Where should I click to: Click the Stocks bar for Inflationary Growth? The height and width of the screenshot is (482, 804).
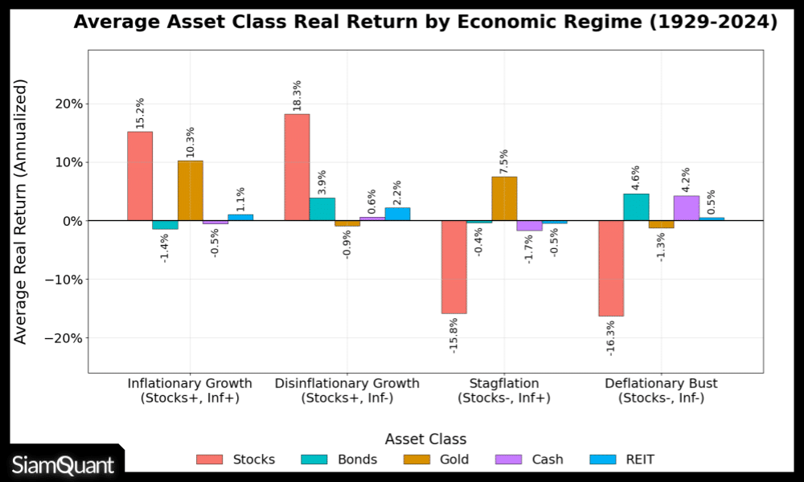point(140,176)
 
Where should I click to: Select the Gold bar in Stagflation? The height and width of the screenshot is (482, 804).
point(504,198)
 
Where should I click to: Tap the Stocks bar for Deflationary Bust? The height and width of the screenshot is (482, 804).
point(611,268)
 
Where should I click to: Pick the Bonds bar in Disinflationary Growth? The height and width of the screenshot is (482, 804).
point(322,209)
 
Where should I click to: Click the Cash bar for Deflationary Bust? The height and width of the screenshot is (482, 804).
point(687,208)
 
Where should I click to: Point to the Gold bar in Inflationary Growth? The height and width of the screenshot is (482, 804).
point(191,190)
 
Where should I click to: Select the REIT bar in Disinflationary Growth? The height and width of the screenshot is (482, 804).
point(397,214)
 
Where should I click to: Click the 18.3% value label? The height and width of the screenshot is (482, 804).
point(297,96)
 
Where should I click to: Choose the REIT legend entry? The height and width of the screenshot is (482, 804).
point(622,460)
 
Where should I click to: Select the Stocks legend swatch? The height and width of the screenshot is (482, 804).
point(210,460)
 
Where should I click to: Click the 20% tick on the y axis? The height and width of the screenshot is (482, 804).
point(66,104)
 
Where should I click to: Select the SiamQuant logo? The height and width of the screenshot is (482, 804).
point(63,465)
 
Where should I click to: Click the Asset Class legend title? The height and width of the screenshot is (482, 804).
point(425,439)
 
